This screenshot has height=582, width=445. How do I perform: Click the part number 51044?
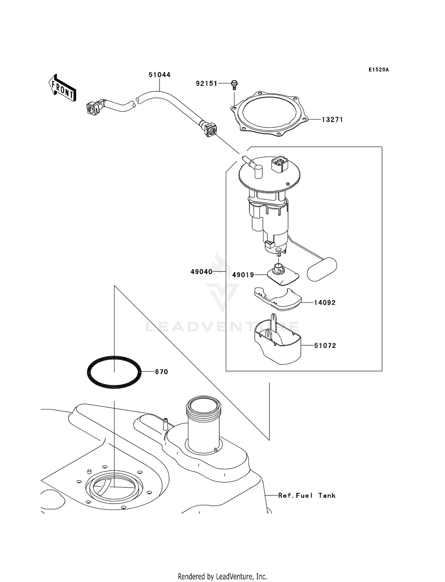pos(159,75)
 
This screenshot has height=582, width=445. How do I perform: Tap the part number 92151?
pos(206,84)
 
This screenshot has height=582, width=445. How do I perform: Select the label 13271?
pos(332,120)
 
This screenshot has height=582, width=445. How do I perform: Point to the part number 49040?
pos(201,272)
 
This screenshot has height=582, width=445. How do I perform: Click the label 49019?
pos(243,275)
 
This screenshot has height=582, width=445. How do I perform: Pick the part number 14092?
pos(325,303)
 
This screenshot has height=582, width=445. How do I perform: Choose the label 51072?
pos(325,346)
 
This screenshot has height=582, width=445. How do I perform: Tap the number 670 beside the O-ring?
pos(161,372)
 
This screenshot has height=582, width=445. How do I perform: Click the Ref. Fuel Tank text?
pos(307,495)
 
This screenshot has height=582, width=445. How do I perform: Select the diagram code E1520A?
pos(379,70)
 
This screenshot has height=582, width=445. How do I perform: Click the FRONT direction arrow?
pos(63,88)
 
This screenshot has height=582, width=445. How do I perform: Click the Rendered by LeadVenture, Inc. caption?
pos(222,576)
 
